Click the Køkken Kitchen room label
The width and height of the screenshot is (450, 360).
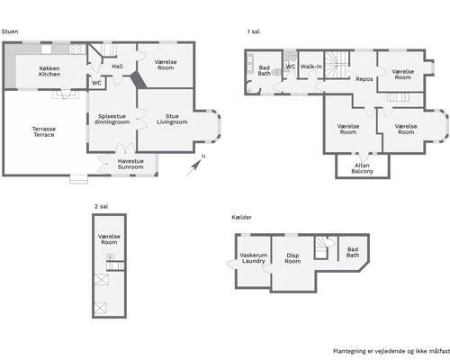click(49, 71)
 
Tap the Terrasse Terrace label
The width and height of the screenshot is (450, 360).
click(44, 132)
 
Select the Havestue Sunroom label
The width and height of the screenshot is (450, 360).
click(130, 164)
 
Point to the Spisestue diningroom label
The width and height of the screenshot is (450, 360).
click(112, 119)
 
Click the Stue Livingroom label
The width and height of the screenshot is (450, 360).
click(172, 119)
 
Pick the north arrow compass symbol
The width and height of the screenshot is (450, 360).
click(195, 166)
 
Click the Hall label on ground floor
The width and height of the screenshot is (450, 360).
click(117, 67)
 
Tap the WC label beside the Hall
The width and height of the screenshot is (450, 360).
click(96, 83)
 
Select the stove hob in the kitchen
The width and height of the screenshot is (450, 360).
click(77, 49)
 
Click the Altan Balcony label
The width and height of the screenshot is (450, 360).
click(362, 168)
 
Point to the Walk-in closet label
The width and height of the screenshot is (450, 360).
click(311, 67)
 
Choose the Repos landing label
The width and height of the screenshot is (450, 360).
click(364, 79)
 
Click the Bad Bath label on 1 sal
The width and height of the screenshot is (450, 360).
click(265, 70)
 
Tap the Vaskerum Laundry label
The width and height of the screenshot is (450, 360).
click(254, 258)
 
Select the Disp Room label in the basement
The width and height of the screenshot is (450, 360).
click(292, 258)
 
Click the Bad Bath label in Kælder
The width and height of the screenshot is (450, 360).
click(353, 252)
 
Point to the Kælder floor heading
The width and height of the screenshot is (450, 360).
click(241, 217)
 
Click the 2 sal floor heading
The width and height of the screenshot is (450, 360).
click(101, 206)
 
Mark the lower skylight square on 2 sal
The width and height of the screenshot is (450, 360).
click(100, 309)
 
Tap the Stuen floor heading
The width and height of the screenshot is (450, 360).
click(10, 31)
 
